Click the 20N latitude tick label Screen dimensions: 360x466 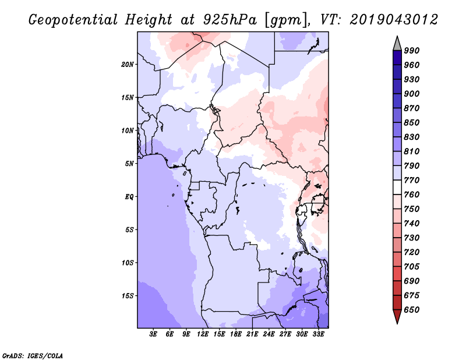coord(128,64)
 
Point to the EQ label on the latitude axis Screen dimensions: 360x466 coord(130,196)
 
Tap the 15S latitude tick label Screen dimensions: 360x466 coord(128,295)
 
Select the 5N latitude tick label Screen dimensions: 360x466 coord(129,163)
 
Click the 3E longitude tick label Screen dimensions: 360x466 coord(154,335)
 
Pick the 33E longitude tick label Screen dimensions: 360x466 coord(318,335)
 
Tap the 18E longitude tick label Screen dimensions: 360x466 coord(236,335)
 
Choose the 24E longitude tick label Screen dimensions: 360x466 coord(269,335)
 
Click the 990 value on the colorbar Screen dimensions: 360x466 coord(412,50)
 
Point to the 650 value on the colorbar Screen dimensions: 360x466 coord(412,310)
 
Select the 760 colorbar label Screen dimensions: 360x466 coord(412,195)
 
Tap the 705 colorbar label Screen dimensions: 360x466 coord(412,267)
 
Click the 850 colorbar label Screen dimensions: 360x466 coord(412,122)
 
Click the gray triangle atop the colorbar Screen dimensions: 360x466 coord(397,43)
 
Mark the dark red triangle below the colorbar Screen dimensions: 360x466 coord(397,316)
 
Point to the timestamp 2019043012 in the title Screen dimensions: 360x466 coord(394,20)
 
